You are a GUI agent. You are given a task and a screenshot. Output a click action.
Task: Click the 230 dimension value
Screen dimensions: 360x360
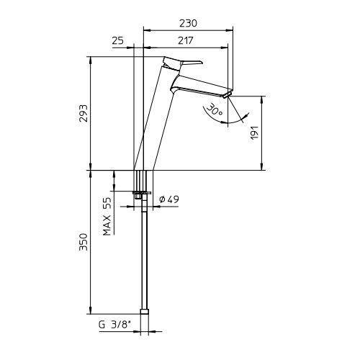coord(188,23)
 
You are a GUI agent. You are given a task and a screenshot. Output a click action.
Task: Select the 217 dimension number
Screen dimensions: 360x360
coord(186,40)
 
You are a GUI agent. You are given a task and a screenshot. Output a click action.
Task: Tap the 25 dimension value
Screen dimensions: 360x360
coord(118,40)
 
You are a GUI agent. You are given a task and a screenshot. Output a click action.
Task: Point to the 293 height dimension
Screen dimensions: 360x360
coord(84,113)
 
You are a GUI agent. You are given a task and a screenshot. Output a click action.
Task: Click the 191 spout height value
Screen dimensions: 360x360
coord(255,132)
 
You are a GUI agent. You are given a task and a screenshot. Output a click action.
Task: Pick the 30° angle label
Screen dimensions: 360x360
coord(215,109)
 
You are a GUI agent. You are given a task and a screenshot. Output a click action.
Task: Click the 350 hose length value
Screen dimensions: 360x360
coord(84,242)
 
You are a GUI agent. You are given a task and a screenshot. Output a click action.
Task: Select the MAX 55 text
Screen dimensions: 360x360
coord(107,216)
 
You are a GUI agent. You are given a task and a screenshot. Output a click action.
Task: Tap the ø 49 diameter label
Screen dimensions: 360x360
coord(169,199)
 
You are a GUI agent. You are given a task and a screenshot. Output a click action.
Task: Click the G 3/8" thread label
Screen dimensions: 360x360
coord(115,325)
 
